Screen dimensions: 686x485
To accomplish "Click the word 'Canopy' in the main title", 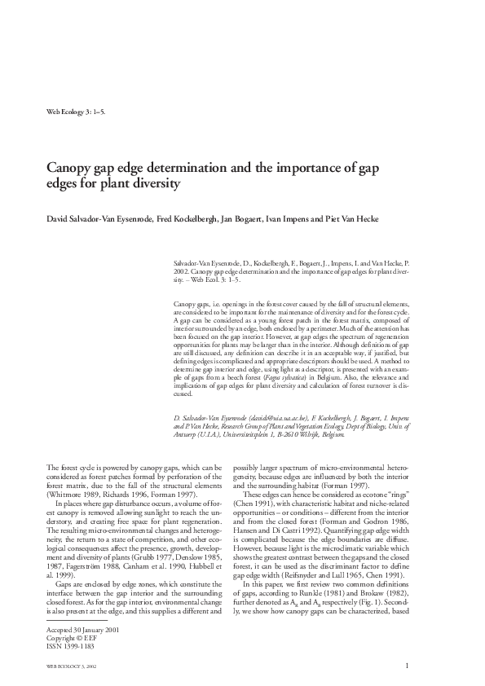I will coord(70,168).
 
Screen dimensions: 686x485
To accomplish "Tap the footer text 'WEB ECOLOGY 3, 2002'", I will coord(73,666).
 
